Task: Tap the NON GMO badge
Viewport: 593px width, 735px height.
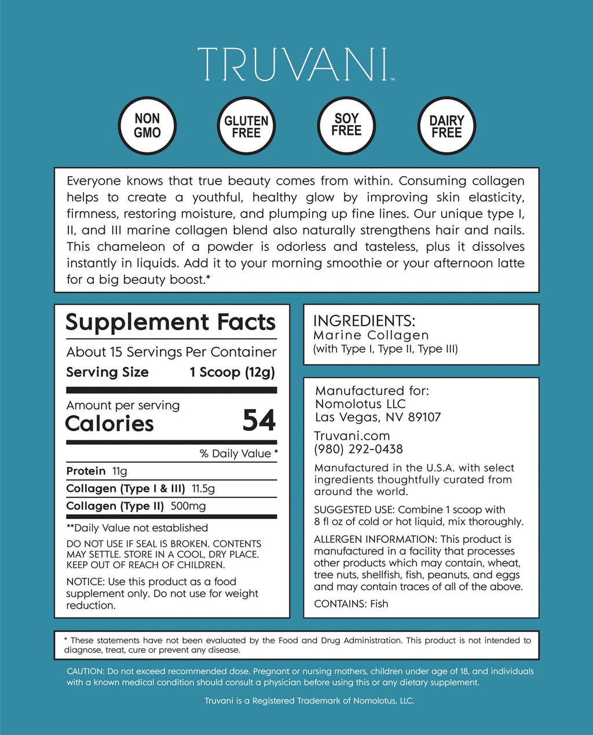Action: (x=147, y=126)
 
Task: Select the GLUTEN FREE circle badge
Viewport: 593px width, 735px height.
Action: (x=246, y=126)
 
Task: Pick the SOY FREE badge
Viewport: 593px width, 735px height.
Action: (x=346, y=125)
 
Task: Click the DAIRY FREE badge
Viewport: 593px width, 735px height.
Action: (x=446, y=126)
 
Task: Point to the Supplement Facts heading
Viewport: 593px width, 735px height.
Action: (x=170, y=322)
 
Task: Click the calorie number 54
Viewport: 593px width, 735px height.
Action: (x=259, y=421)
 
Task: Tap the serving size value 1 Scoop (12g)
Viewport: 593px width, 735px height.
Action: (x=232, y=372)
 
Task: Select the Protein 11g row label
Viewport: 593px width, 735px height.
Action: (x=86, y=471)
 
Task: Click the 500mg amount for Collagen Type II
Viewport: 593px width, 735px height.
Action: (x=188, y=506)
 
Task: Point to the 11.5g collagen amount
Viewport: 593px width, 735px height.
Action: (x=203, y=488)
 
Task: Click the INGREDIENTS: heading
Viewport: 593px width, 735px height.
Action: (x=364, y=321)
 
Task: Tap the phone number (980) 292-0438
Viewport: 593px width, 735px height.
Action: (x=358, y=449)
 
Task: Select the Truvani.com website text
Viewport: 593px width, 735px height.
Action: (x=352, y=436)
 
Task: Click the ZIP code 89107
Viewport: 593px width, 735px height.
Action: (x=424, y=417)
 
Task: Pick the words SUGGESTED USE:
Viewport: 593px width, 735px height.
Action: (x=350, y=510)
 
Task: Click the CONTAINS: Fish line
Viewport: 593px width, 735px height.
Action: (x=351, y=604)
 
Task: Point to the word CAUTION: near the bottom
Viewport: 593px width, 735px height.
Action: (x=85, y=671)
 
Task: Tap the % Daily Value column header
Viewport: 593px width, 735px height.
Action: (x=238, y=454)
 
